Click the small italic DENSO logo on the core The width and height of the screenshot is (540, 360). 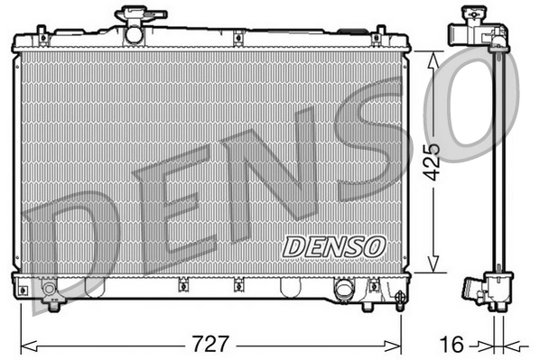coord(334,245)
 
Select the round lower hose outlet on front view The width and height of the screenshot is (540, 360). coord(344,290)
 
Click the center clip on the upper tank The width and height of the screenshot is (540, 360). coord(237,39)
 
